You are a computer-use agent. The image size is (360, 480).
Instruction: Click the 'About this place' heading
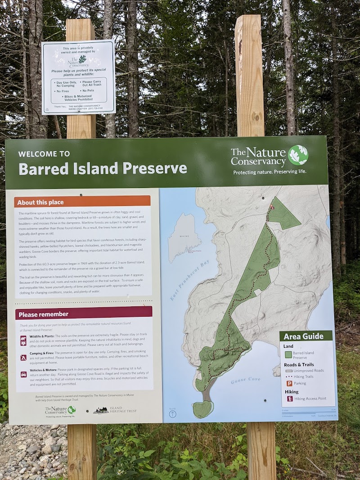41,202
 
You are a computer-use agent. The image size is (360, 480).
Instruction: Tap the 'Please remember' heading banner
44,314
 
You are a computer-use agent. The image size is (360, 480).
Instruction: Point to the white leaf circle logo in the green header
298,155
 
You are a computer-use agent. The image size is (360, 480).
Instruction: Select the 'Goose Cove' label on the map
246,380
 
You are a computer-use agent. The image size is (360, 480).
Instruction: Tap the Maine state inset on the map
184,236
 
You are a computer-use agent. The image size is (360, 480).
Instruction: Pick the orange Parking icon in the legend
289,383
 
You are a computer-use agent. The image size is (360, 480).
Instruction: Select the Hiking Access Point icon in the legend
289,399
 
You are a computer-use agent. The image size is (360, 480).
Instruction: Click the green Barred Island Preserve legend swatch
288,354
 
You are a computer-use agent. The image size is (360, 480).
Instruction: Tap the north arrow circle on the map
172,414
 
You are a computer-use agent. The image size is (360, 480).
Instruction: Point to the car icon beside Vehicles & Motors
23,374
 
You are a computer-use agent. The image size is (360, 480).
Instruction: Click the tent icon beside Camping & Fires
23,358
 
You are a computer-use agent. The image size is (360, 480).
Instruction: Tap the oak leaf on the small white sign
82,59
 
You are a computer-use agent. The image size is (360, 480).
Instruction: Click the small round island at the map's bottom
202,408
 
